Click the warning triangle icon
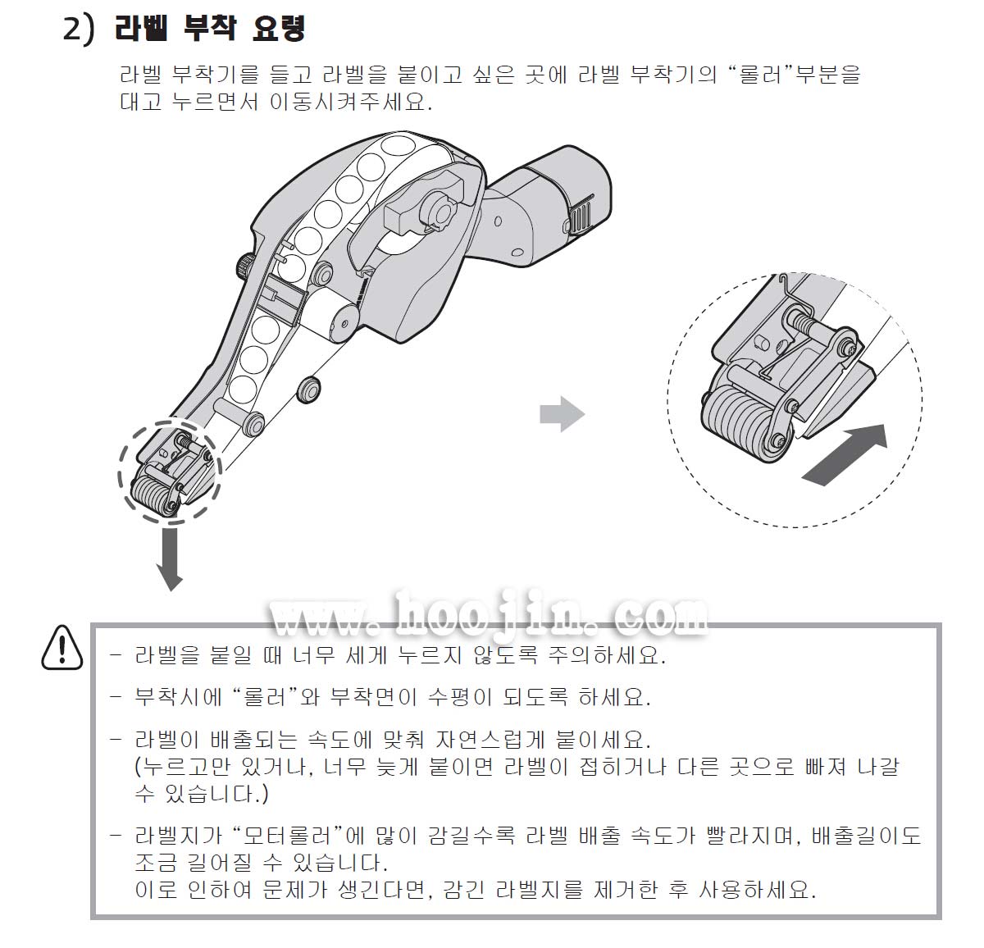click(x=61, y=648)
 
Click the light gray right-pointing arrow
click(x=562, y=414)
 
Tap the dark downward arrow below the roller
click(x=170, y=559)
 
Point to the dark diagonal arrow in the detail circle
click(x=845, y=454)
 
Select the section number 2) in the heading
click(x=79, y=29)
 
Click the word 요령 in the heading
click(x=279, y=28)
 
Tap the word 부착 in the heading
click(x=210, y=28)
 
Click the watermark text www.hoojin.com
click(x=488, y=614)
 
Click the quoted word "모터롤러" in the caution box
click(x=288, y=835)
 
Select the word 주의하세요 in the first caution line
click(x=607, y=655)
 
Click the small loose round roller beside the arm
click(x=308, y=390)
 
